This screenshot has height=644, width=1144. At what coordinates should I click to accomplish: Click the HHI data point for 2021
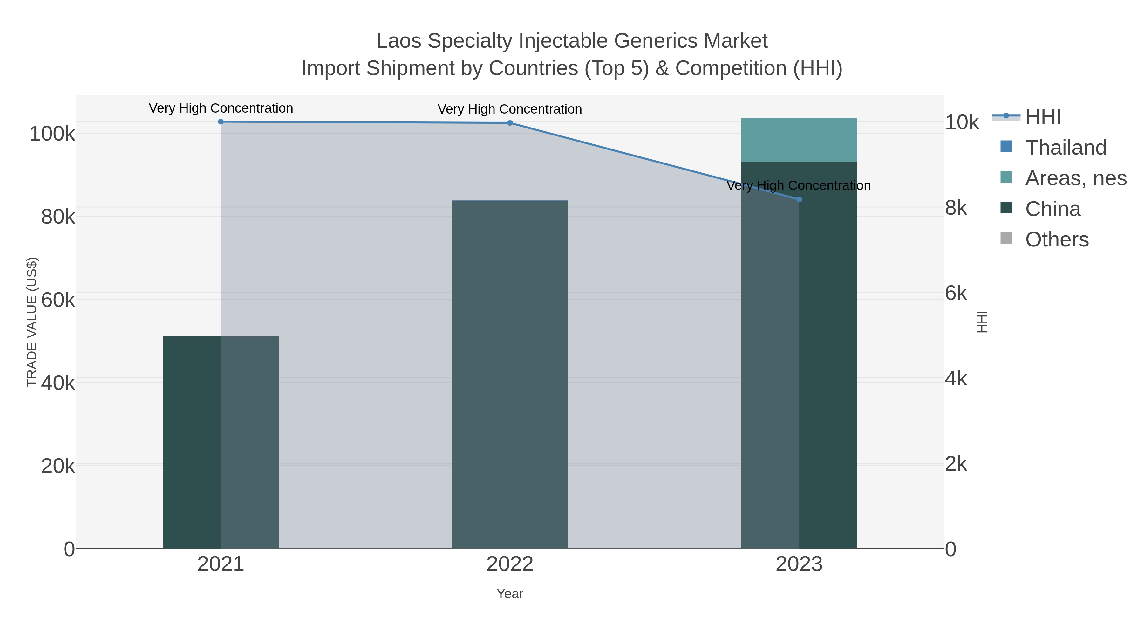click(221, 122)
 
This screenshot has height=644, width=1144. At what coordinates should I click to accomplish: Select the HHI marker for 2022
click(510, 123)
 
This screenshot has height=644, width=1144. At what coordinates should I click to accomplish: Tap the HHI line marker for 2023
click(799, 199)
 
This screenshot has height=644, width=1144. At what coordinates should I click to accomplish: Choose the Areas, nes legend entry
click(1075, 178)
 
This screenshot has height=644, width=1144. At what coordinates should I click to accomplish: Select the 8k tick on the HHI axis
click(956, 208)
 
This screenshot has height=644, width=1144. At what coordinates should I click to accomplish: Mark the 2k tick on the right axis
click(956, 464)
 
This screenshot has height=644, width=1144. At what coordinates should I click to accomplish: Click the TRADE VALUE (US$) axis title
click(32, 322)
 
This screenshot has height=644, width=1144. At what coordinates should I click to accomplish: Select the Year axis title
click(510, 594)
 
